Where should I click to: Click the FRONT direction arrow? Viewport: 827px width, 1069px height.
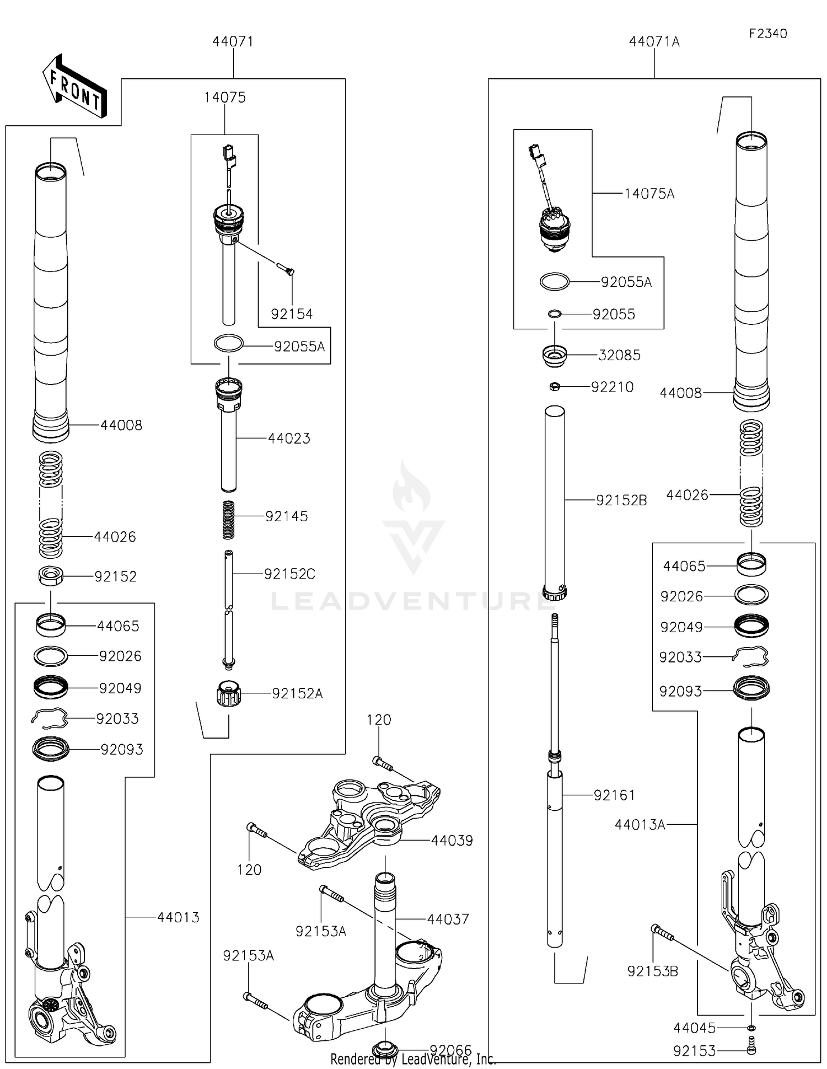(x=75, y=88)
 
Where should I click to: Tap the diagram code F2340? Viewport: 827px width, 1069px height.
(x=767, y=34)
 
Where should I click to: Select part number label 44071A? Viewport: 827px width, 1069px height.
(x=654, y=42)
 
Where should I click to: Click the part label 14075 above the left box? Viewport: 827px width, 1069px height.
(x=224, y=98)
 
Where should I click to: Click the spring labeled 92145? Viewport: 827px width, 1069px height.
(x=228, y=520)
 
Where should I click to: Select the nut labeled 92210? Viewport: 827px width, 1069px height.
(x=555, y=387)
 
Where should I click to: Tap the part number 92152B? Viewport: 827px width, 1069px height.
(x=621, y=500)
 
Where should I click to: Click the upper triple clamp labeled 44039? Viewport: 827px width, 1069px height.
(x=369, y=822)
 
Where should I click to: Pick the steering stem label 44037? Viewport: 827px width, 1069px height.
(x=448, y=919)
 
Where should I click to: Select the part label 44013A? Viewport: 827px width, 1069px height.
(x=640, y=825)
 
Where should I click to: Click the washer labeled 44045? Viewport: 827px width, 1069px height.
(x=751, y=1028)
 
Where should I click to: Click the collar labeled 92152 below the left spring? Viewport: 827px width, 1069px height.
(x=51, y=576)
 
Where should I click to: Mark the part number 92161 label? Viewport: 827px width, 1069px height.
(x=614, y=795)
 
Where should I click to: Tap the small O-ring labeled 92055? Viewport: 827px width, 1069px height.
(x=555, y=314)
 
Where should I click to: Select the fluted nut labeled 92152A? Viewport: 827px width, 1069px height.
(x=229, y=694)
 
